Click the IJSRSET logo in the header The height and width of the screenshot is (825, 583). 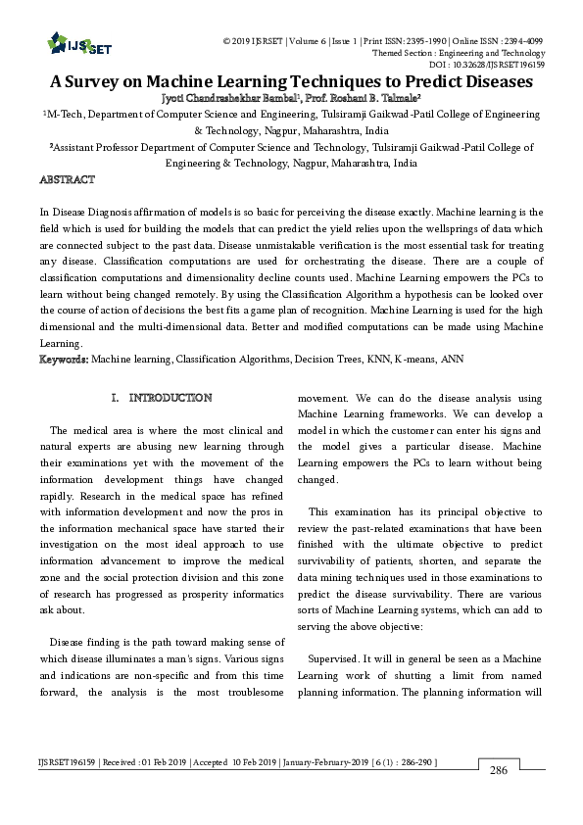pos(70,43)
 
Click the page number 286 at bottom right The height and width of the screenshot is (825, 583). pos(499,771)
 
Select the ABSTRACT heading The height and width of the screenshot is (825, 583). pos(67,180)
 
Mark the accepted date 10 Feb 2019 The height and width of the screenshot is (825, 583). pos(249,761)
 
